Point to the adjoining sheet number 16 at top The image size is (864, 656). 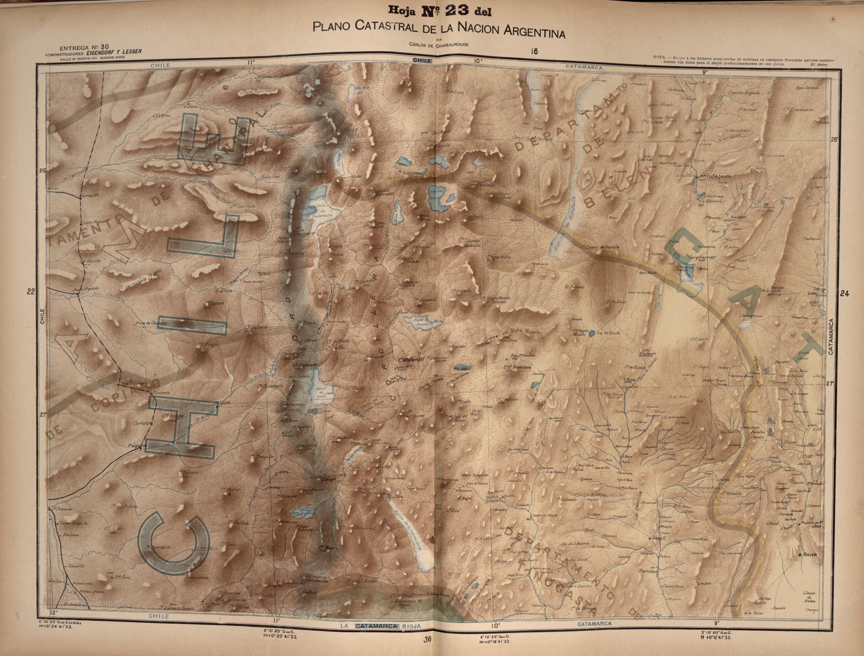tap(534, 51)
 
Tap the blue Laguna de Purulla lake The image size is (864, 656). tap(592, 333)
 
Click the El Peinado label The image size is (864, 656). tap(574, 287)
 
